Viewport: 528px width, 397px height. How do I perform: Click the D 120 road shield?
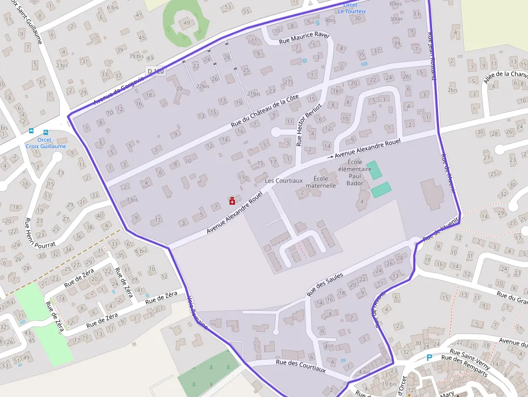point(155,71)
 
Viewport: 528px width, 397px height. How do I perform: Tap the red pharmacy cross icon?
point(232,201)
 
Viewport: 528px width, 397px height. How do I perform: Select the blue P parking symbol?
point(429,357)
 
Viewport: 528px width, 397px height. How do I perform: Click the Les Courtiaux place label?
point(284,180)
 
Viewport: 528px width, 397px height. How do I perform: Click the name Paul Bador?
point(355,179)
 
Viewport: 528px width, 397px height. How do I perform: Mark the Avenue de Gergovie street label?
point(119,90)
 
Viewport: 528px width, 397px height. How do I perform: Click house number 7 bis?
point(132,199)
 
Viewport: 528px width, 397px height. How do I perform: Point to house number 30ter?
point(396,19)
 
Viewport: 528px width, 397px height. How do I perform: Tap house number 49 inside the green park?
point(186,23)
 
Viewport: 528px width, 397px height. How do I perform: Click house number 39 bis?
point(136,56)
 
